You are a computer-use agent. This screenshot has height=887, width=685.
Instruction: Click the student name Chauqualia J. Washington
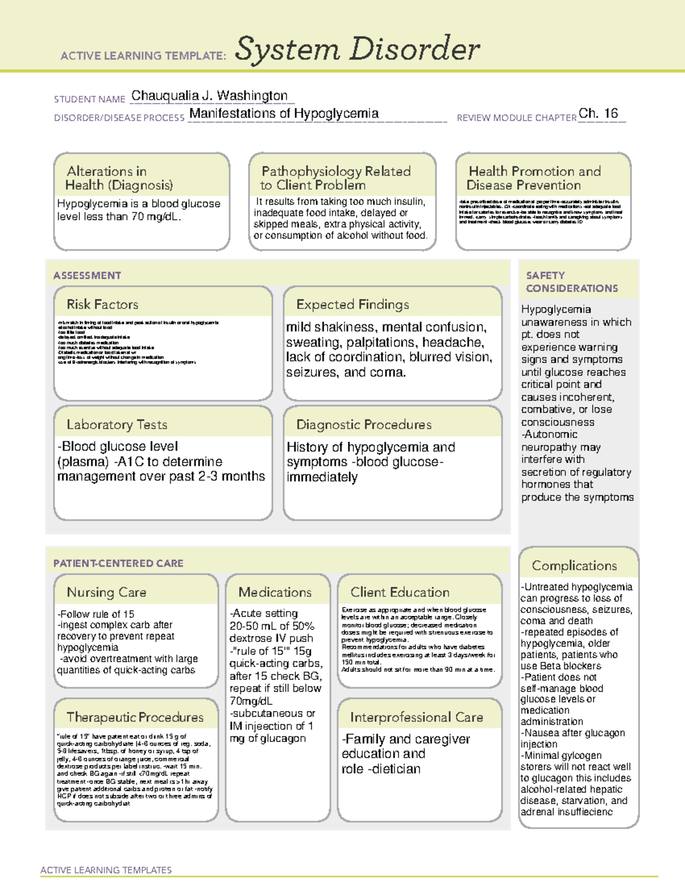209,95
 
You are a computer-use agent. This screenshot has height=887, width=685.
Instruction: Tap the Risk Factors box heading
102,304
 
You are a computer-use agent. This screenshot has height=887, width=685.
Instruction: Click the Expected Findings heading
352,304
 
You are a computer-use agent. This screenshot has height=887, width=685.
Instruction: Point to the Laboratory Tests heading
116,424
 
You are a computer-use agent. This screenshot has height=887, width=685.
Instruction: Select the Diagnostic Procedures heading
364,424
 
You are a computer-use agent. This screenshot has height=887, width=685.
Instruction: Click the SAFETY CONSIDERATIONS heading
571,282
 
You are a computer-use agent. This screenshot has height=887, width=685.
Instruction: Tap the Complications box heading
574,565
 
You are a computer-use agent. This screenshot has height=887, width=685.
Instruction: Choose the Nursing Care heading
106,592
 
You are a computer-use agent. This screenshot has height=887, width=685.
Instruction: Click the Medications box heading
275,592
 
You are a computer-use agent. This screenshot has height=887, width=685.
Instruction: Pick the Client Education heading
400,592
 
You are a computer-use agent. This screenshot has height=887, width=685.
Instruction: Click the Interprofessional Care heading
416,717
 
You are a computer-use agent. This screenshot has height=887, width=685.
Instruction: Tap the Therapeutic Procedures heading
135,717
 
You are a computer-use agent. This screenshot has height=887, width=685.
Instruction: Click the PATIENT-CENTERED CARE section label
118,563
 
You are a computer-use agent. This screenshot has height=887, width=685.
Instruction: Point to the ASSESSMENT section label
87,275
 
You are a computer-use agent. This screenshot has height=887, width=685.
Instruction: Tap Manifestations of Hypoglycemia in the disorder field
284,114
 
